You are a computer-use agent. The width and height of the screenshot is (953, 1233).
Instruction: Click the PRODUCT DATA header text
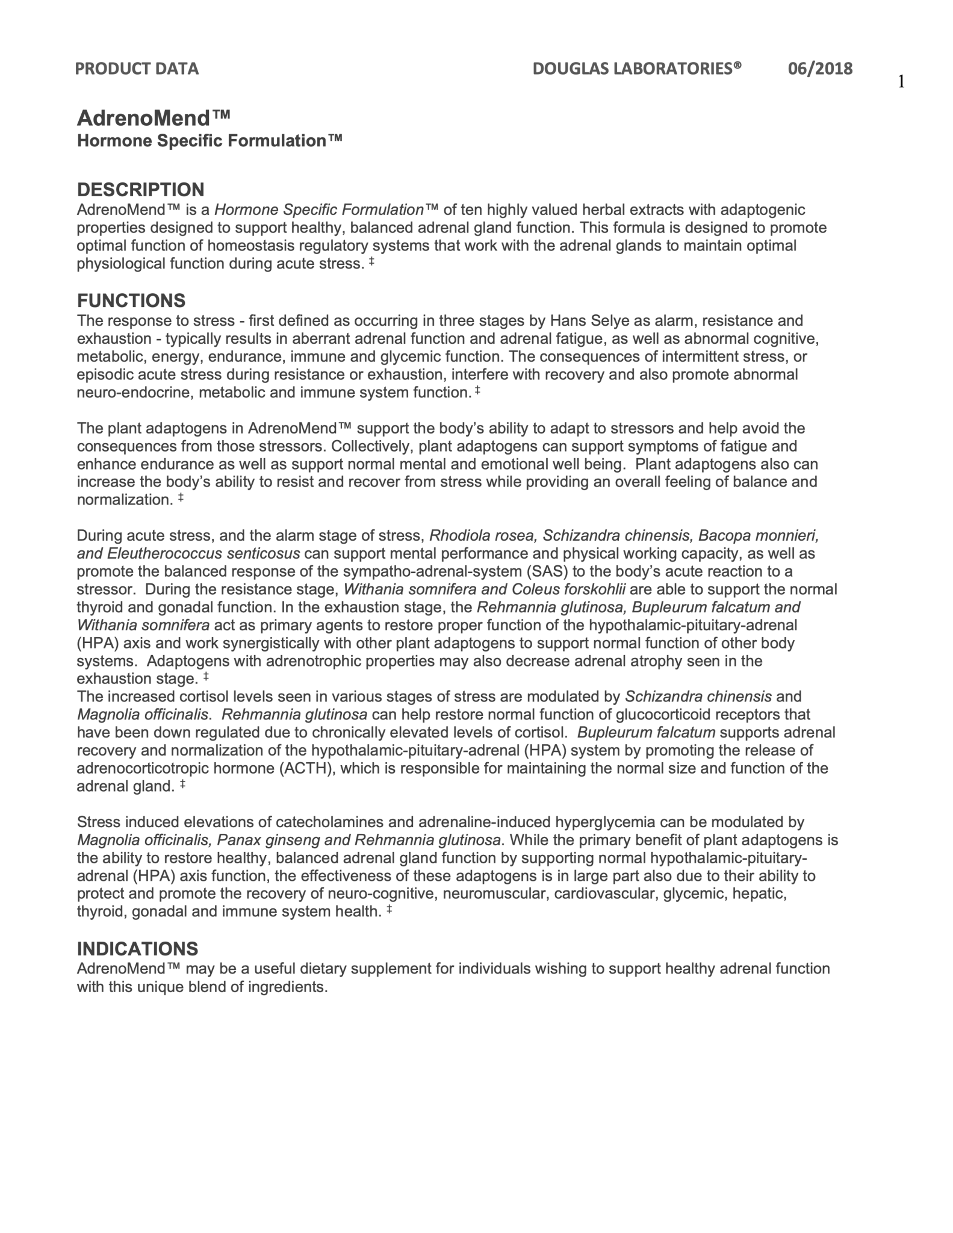point(137,69)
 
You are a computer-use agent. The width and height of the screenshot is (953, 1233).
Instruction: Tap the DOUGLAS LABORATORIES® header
point(636,69)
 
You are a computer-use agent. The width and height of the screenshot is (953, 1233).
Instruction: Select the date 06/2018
point(820,69)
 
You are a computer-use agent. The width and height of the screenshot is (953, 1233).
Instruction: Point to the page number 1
point(901,82)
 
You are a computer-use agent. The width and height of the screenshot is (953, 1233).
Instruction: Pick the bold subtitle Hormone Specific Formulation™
point(210,141)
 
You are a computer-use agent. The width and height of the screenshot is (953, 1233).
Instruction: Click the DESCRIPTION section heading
point(141,190)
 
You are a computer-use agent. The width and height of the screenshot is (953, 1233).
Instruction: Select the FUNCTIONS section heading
point(131,300)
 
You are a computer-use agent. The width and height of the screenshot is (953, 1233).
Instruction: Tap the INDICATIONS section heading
point(137,949)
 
